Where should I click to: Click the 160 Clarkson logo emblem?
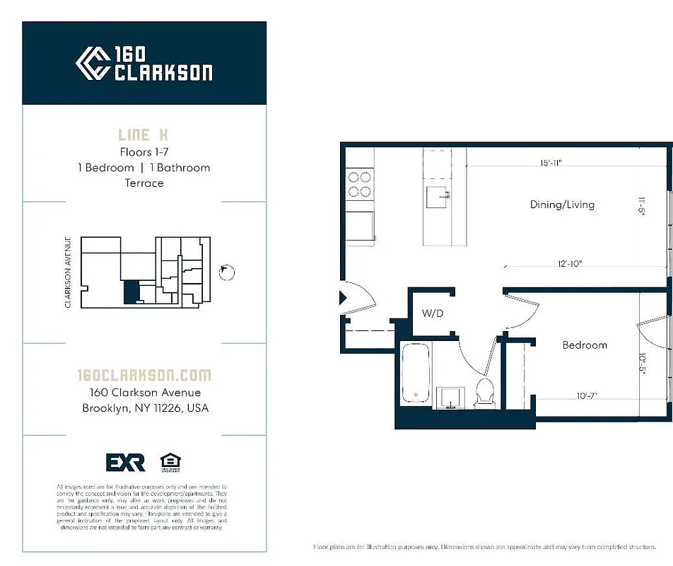(92, 64)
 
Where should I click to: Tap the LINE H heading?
(144, 134)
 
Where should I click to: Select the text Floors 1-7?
(144, 151)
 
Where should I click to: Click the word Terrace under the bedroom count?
(144, 183)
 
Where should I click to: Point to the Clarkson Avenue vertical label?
(68, 272)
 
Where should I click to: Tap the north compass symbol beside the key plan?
(228, 272)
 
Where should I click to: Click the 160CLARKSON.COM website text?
(144, 375)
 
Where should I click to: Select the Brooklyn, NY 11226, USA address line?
(145, 408)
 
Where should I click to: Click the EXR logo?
(125, 463)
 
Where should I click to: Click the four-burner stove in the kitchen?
(360, 185)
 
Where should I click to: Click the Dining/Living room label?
(562, 204)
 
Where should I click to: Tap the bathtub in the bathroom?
(416, 375)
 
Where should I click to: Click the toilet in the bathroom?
(485, 391)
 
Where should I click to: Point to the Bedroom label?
(585, 345)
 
